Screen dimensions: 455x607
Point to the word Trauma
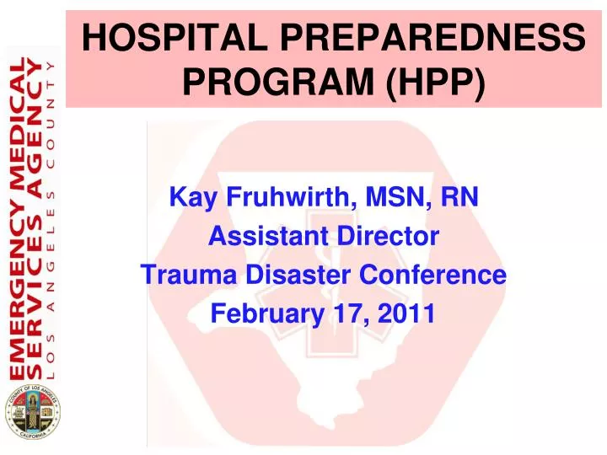(183, 276)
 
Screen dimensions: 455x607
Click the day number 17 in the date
(346, 314)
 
